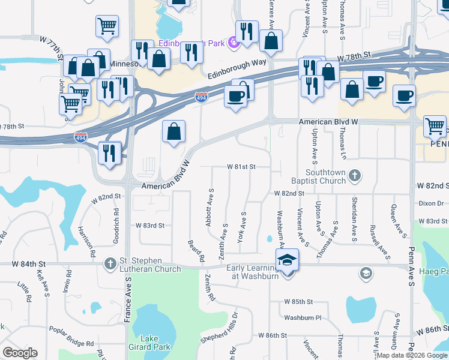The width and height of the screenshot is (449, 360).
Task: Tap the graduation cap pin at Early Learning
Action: [x=288, y=260]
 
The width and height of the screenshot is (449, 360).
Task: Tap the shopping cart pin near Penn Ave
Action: [x=435, y=127]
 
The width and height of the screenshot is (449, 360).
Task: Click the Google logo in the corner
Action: [x=20, y=353]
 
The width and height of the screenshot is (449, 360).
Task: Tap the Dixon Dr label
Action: [x=432, y=203]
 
